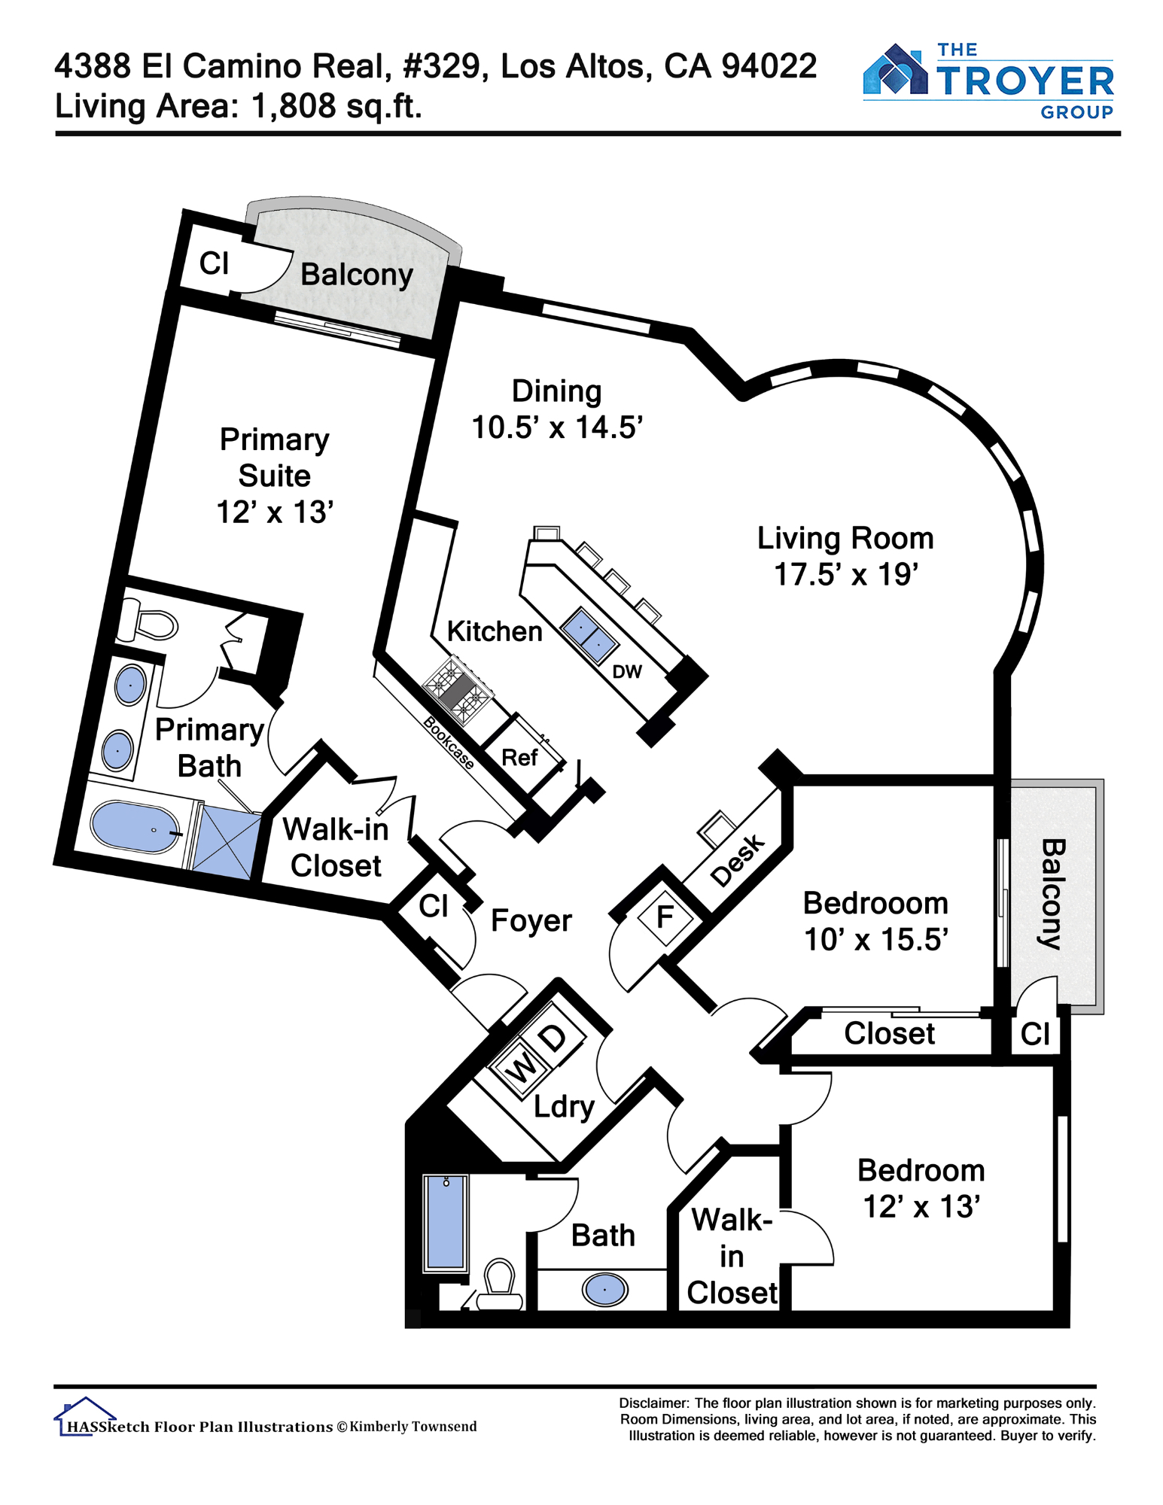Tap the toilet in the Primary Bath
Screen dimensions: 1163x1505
coord(150,622)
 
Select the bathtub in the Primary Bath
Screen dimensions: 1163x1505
coord(135,827)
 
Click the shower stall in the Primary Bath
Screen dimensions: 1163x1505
coord(224,843)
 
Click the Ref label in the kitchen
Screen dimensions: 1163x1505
coord(519,757)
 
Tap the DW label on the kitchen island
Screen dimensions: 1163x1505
coord(627,672)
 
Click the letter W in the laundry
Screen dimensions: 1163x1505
coord(521,1066)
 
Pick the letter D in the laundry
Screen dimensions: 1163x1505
coord(554,1038)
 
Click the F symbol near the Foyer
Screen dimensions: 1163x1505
coord(665,917)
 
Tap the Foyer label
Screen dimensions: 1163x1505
coord(531,920)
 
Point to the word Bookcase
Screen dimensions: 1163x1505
coord(449,743)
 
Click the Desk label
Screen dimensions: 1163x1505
coord(738,861)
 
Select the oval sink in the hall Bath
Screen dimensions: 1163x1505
coord(604,1290)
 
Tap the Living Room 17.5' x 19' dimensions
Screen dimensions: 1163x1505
coord(846,574)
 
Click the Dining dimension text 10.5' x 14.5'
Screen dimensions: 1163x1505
coord(557,427)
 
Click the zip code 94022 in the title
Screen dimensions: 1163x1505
coord(769,66)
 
